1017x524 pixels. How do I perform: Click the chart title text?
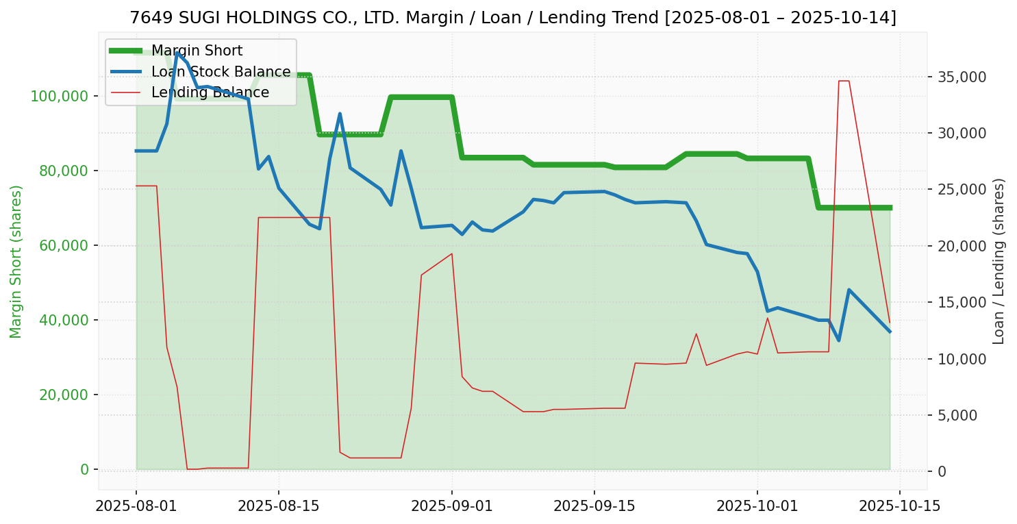pos(512,18)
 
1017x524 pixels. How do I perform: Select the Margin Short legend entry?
pos(197,51)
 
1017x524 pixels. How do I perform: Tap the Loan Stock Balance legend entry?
pos(221,72)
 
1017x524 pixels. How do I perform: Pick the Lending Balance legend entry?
pos(210,92)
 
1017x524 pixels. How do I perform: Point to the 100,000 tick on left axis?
pos(65,96)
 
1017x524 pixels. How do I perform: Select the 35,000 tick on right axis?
pos(962,77)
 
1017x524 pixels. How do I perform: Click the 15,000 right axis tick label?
pos(962,302)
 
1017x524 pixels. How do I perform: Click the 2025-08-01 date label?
pos(136,506)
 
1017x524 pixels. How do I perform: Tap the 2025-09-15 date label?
pos(594,506)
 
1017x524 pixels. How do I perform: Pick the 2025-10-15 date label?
pos(900,506)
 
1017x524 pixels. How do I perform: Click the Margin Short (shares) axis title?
pos(16,262)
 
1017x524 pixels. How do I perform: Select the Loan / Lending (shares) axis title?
pos(999,262)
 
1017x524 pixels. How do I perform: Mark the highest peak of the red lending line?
pos(844,81)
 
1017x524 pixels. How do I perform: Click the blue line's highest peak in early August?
pos(177,53)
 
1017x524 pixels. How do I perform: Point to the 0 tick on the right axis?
pos(942,471)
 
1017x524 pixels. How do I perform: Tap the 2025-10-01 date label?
pos(757,506)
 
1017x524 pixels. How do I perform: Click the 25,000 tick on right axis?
pos(962,189)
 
